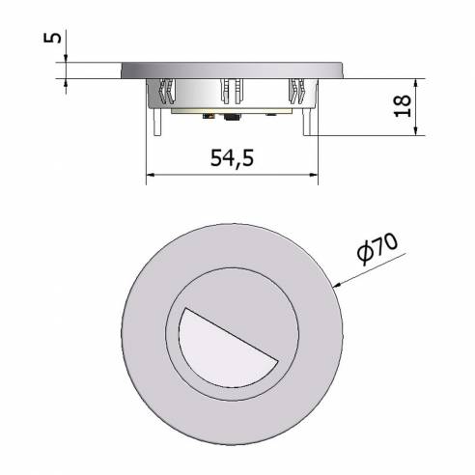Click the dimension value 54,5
[x=232, y=159]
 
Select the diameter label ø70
[x=377, y=252]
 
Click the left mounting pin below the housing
[x=154, y=124]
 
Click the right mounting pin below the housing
[x=310, y=124]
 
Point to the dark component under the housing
[x=231, y=118]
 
